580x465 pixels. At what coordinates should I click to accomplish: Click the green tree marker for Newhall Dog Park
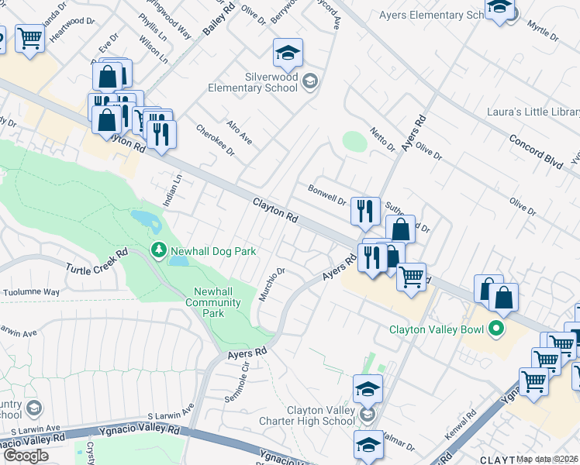pos(157,250)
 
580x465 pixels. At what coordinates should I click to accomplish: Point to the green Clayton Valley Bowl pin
pos(496,330)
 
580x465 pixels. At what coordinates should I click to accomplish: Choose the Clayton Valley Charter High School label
pos(321,415)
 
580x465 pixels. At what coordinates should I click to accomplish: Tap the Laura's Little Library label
pos(533,112)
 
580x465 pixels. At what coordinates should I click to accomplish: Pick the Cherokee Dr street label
pos(215,140)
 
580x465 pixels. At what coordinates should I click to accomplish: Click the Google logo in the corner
pos(26,455)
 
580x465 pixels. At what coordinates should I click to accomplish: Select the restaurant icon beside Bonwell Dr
pos(365,211)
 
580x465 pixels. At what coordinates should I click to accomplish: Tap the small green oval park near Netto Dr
pos(354,142)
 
